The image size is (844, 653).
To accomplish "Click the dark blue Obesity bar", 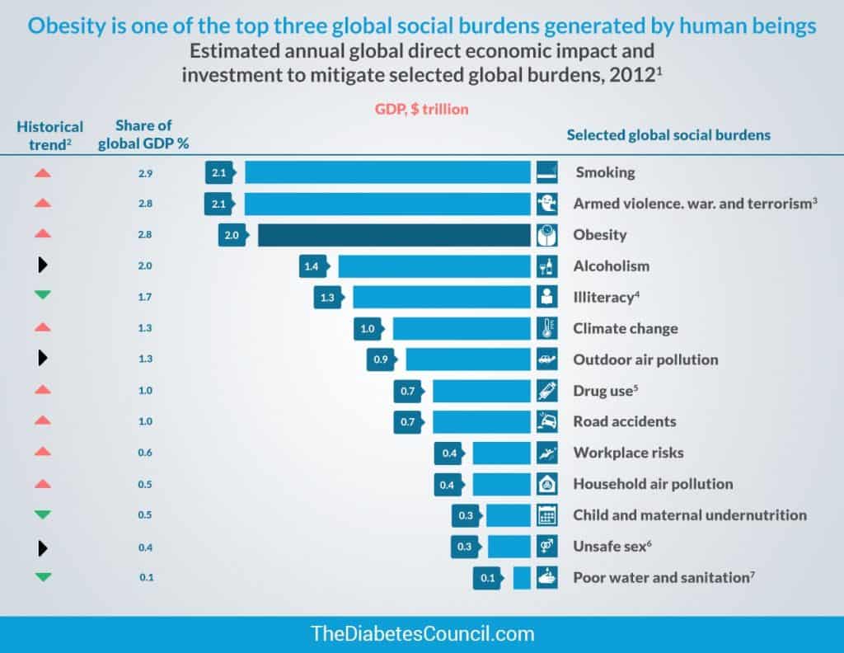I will point(394,235).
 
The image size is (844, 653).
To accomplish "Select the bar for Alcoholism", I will point(434,266).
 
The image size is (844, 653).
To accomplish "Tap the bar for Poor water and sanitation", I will point(522,578).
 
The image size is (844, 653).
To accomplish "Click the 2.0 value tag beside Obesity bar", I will point(232,235).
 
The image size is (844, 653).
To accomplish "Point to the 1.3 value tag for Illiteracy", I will point(327,298).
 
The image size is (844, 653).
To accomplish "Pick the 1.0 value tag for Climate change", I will point(368,329).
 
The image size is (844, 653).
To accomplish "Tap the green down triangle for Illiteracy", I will point(44,297).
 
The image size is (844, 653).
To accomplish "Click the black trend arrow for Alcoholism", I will point(44,265).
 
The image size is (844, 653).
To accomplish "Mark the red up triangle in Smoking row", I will point(44,173).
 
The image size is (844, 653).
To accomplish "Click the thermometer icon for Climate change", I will point(545,328).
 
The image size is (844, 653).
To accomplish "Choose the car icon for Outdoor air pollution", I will point(545,359).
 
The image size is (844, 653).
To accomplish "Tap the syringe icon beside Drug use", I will point(545,390).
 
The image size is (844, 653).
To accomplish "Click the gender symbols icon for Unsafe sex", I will point(545,546).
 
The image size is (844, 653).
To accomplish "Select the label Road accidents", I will point(624,421).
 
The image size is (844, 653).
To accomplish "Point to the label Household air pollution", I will point(653,484).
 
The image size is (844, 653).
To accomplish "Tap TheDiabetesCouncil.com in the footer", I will point(422,634).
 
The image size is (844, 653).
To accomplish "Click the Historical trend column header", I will point(50,134).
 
